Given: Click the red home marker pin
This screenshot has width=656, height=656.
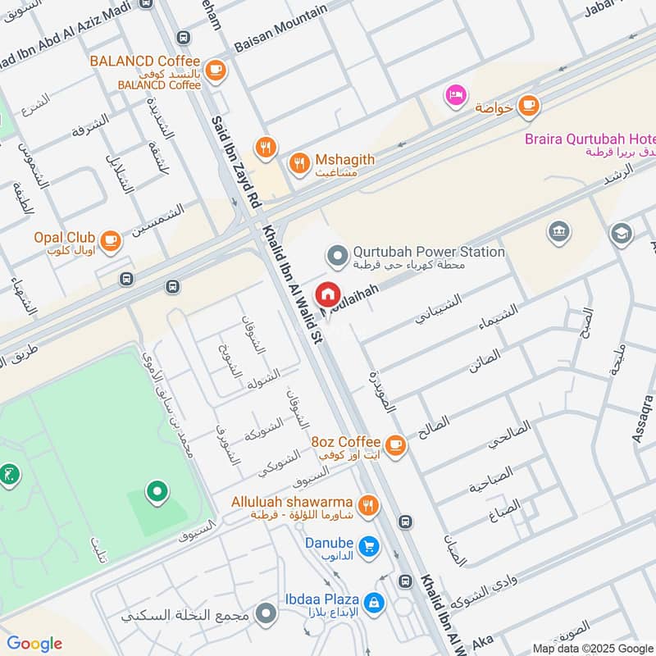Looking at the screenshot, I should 327,293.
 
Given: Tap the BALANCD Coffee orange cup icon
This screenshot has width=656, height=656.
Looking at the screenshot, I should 216,70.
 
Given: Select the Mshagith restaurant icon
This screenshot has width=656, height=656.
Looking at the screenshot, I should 299,162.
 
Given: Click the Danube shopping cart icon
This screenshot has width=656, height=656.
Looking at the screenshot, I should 369,545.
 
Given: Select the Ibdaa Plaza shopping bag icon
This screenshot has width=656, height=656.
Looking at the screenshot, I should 373,603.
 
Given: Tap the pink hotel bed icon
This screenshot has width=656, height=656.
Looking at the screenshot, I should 455,95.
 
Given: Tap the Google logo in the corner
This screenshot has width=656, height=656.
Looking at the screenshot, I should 34,644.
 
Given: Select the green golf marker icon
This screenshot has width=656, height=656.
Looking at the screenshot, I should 9,474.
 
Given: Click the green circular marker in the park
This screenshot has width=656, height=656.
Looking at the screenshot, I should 156,492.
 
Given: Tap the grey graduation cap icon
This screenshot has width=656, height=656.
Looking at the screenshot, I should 622,234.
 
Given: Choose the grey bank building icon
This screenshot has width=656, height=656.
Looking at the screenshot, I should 559,233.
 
